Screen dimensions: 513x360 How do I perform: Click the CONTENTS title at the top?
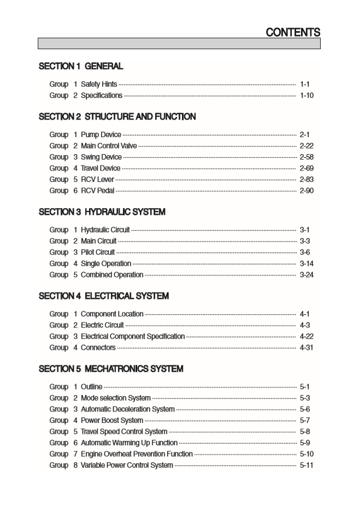pyautogui.click(x=293, y=32)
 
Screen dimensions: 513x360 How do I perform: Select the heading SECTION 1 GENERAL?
pyautogui.click(x=81, y=67)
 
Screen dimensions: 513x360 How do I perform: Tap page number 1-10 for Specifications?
pyautogui.click(x=306, y=96)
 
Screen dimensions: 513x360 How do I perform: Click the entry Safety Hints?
pyautogui.click(x=99, y=84)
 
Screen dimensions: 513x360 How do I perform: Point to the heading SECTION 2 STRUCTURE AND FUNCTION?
pyautogui.click(x=117, y=117)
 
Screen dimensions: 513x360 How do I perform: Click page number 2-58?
pyautogui.click(x=306, y=157)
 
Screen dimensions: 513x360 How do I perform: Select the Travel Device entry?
pyautogui.click(x=101, y=168)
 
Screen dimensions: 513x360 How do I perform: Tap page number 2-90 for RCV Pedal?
pyautogui.click(x=306, y=191)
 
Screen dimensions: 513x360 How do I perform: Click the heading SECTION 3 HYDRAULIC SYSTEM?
pyautogui.click(x=102, y=212)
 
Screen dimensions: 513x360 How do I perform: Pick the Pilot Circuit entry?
pyautogui.click(x=98, y=252)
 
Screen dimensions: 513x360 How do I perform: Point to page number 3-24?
pyautogui.click(x=306, y=275)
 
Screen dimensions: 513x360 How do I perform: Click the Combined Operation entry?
pyautogui.click(x=112, y=275)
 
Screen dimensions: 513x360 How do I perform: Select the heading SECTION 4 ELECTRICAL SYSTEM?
pyautogui.click(x=104, y=296)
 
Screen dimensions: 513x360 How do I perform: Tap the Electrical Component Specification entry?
pyautogui.click(x=133, y=337)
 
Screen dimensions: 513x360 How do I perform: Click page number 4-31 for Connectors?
pyautogui.click(x=306, y=347)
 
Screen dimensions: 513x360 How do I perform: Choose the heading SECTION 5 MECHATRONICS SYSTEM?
pyautogui.click(x=111, y=369)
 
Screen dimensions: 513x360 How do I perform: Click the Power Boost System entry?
pyautogui.click(x=112, y=421)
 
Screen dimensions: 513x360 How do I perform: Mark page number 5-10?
pyautogui.click(x=306, y=454)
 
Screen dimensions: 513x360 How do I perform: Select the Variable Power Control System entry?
pyautogui.click(x=127, y=465)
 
